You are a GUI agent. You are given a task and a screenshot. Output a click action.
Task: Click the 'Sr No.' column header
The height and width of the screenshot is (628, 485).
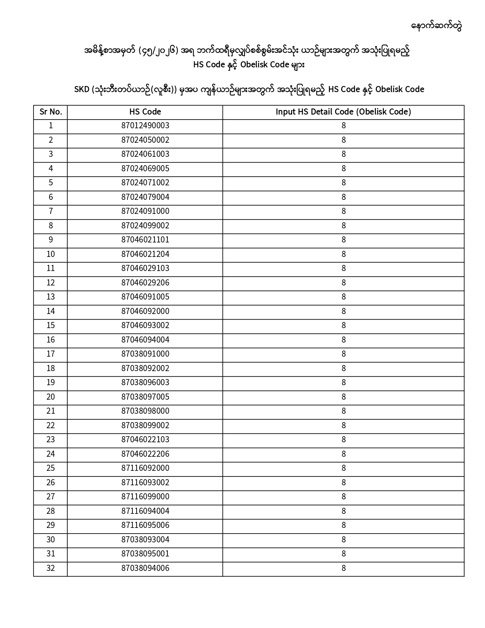51,112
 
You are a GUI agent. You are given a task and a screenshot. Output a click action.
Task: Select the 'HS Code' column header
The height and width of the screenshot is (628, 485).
145,112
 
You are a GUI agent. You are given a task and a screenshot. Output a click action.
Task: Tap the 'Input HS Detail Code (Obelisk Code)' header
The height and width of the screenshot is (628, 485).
343,112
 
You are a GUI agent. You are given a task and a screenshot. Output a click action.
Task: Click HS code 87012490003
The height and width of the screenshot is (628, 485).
145,126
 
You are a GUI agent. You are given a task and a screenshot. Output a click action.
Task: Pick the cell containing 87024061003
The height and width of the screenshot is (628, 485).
145,155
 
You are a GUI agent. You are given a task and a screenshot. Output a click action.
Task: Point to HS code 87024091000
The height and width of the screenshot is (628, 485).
145,212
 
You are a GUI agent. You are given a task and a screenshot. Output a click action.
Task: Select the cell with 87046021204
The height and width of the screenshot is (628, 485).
145,255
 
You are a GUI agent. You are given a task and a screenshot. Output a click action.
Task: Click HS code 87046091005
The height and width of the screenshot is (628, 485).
145,297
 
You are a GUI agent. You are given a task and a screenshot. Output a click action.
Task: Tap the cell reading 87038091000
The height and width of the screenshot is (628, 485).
145,354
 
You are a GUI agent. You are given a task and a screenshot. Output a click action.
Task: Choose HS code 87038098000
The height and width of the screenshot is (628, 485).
145,411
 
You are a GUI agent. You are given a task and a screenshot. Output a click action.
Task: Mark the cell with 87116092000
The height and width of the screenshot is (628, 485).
145,469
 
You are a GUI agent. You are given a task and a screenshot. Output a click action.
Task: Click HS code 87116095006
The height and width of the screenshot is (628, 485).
145,526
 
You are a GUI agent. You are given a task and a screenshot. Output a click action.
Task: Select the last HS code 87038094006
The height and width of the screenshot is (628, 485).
145,569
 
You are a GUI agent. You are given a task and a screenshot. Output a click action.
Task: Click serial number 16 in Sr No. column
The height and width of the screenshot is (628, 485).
51,340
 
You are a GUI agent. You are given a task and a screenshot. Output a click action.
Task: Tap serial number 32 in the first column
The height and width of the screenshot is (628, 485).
51,569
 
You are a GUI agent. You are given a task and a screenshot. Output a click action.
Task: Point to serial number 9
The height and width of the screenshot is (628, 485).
51,240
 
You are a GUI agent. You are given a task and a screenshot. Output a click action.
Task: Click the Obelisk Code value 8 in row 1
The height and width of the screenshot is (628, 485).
343,126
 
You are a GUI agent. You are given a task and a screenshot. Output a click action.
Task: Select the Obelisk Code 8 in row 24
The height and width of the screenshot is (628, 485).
343,454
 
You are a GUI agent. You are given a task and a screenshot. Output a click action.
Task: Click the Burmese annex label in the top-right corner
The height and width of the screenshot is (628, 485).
437,26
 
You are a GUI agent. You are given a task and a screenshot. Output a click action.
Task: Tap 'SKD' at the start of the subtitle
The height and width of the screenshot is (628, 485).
81,90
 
